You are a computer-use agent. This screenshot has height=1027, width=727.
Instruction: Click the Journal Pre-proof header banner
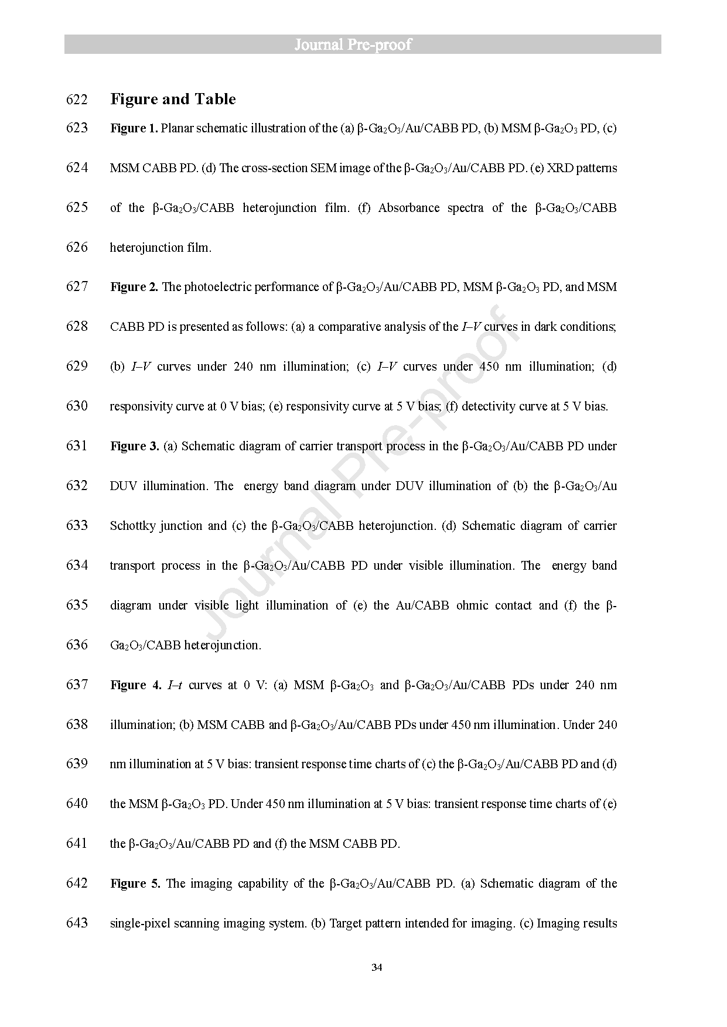pos(363,44)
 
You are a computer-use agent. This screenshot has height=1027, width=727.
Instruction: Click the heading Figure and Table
pos(173,100)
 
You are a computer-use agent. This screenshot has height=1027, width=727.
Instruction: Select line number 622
pos(77,100)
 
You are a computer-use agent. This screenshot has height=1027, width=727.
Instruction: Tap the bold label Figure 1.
pos(134,128)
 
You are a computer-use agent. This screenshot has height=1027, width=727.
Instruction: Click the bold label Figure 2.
pos(134,287)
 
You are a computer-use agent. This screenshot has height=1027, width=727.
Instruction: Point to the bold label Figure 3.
pos(134,446)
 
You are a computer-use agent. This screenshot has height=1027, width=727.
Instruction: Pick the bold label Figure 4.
pos(135,685)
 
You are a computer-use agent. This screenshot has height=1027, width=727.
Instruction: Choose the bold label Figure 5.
pos(135,884)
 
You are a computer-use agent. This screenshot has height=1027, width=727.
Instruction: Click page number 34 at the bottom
pos(377,967)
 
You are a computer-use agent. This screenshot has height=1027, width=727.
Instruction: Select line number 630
pos(77,406)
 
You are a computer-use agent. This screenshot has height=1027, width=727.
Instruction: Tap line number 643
pos(77,923)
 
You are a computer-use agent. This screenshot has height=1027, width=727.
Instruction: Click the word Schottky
pos(132,526)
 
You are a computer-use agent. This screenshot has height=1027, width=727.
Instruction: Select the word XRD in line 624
pos(559,168)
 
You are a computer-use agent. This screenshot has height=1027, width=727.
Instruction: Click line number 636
pos(77,645)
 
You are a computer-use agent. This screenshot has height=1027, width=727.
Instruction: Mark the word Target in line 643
pos(345,923)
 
